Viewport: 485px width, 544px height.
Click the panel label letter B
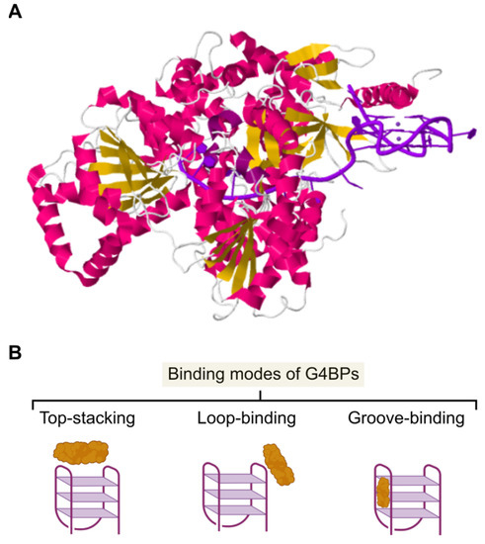tap(15, 350)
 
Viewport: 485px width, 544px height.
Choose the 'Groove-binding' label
tap(404, 417)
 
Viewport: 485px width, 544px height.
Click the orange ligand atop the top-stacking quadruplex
tap(90, 453)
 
